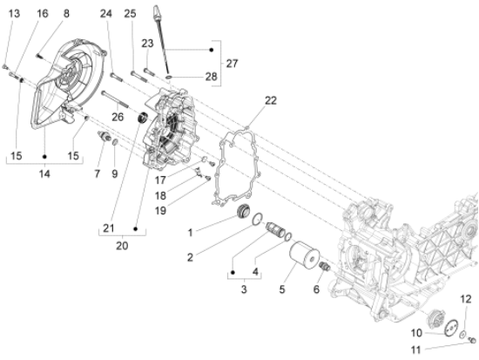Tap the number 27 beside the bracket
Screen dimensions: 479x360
232,64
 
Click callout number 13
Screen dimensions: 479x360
14,13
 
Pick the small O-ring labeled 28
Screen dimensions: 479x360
169,76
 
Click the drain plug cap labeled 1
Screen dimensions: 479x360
244,211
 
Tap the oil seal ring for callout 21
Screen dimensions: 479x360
143,118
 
